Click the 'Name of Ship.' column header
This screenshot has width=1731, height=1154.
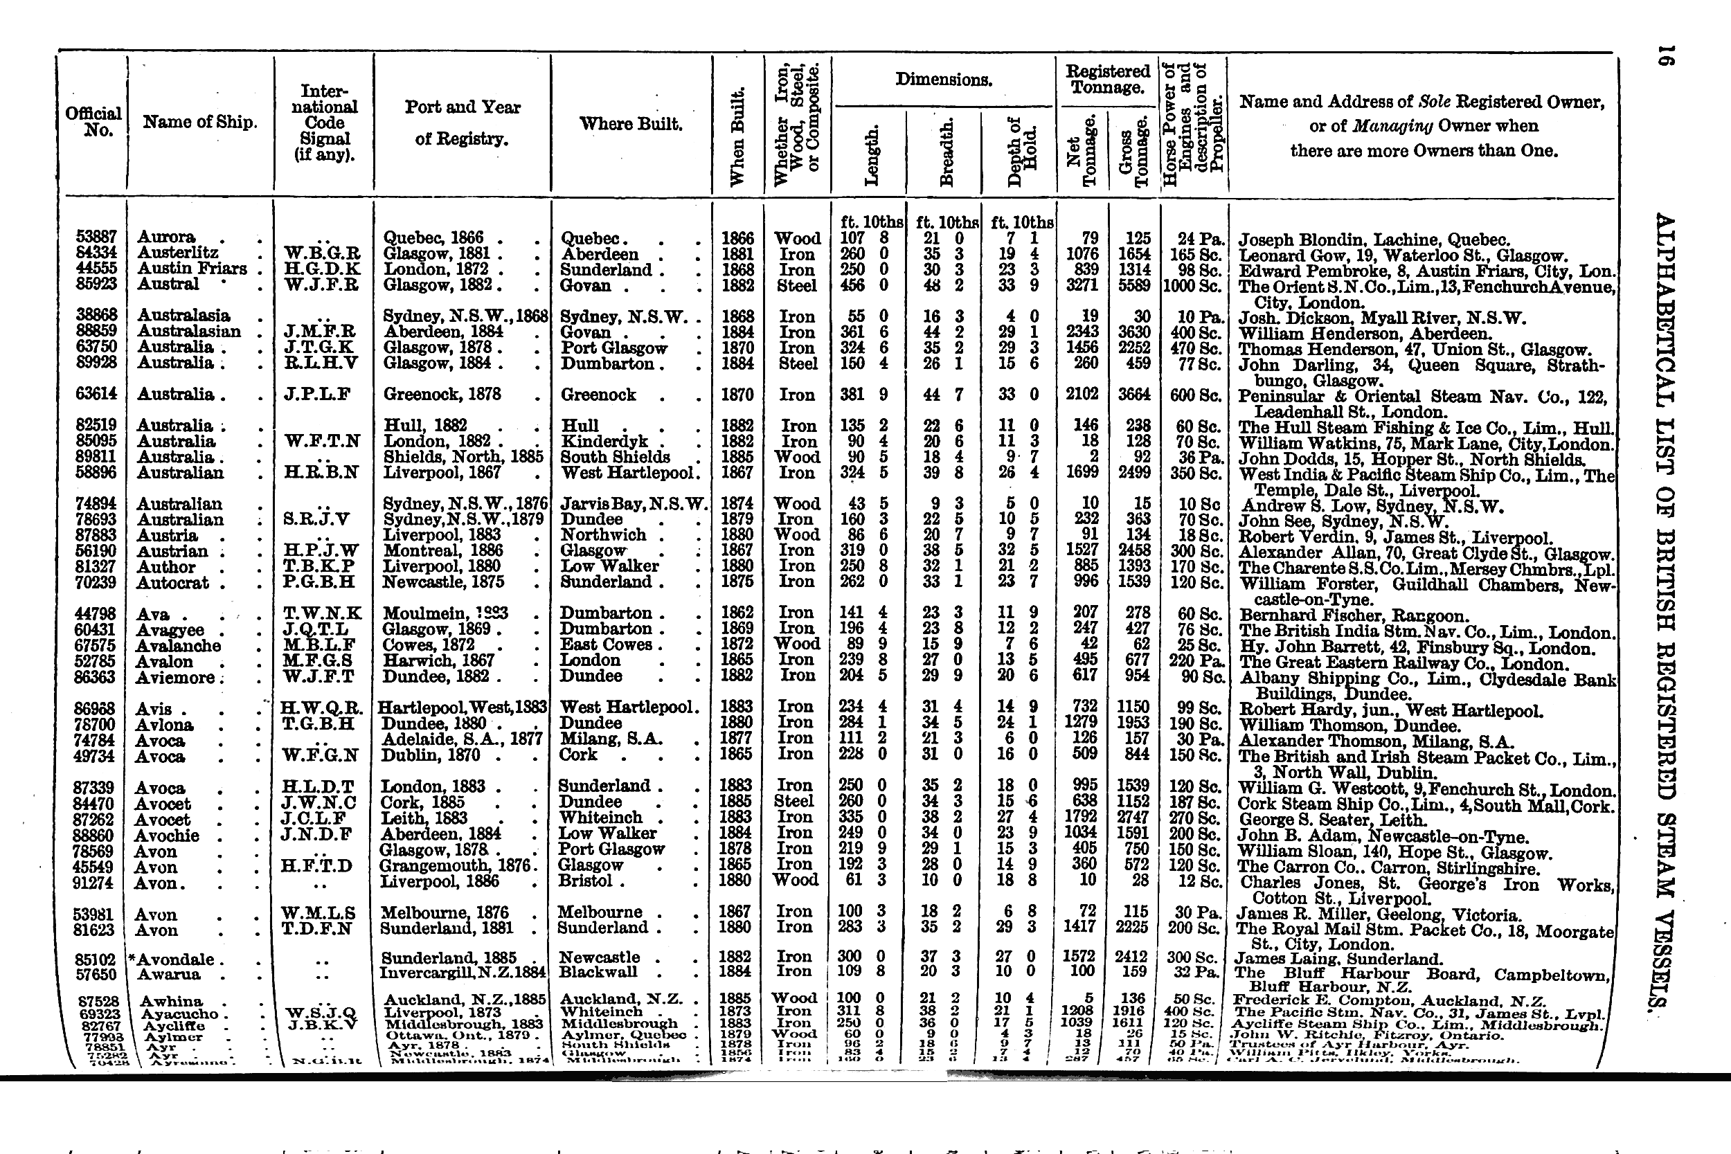[x=199, y=122]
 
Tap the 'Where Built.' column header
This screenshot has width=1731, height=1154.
[x=631, y=124]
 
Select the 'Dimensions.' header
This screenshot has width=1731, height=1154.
[x=944, y=80]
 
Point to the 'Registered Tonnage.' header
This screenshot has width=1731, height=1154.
[x=1108, y=80]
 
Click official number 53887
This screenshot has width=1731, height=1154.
[x=96, y=237]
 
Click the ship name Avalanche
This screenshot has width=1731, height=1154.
[x=179, y=645]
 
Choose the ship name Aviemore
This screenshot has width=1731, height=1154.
[x=176, y=676]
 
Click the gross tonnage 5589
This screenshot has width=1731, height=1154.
[x=1133, y=285]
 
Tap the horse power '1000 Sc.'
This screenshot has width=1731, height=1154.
[x=1193, y=285]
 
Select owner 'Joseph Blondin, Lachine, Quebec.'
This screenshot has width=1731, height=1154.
[x=1374, y=240]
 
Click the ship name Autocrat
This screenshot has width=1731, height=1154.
[x=173, y=583]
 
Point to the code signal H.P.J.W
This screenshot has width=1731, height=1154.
[x=321, y=551]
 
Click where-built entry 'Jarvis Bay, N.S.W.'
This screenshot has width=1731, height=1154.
[x=633, y=504]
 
